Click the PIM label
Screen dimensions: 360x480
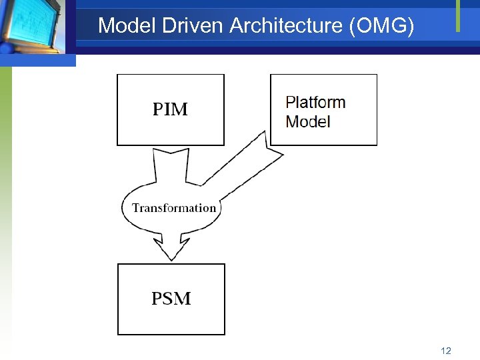171,109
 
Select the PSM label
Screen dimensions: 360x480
171,299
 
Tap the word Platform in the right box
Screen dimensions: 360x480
315,103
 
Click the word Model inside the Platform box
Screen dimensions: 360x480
308,121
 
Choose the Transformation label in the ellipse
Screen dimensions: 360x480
174,208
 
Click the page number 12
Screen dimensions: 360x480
446,351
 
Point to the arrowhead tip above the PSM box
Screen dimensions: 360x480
172,259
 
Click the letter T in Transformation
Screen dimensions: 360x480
135,208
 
